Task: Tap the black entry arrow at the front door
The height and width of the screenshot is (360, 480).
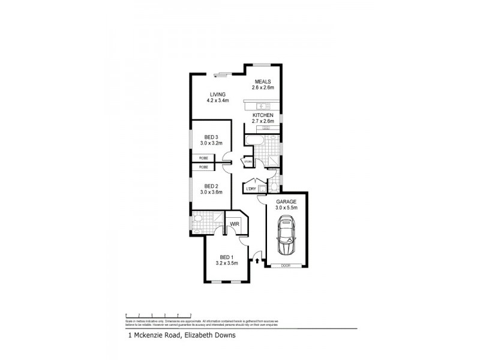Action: (257, 260)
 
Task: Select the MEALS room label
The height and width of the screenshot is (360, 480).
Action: (263, 82)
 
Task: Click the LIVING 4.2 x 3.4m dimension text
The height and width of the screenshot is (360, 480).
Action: (217, 101)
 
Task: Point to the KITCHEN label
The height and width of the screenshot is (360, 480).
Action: (263, 115)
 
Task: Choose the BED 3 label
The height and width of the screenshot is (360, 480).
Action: (211, 137)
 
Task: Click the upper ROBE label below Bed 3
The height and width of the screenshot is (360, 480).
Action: (204, 158)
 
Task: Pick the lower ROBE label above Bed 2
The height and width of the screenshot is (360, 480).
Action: (204, 167)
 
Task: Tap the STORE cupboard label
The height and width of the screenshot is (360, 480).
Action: (247, 161)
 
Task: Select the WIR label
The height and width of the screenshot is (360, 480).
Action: (235, 225)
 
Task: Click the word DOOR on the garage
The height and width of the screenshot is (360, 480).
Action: (286, 266)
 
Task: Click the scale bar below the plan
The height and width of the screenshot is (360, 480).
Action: (158, 315)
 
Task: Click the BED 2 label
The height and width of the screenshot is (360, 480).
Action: (211, 185)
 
